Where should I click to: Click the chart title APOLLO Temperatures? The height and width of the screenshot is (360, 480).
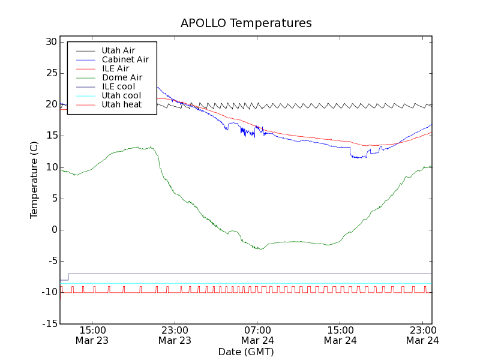[246, 23]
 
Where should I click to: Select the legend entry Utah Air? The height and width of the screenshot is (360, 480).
[118, 50]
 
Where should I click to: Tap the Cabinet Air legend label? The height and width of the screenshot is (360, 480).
[125, 59]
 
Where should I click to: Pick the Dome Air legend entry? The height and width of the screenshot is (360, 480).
[122, 77]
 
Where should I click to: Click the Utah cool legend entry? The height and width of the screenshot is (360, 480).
[121, 95]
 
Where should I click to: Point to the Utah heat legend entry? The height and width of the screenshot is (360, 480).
[121, 104]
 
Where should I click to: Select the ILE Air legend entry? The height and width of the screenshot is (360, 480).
[115, 68]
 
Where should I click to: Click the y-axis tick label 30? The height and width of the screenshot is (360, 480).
[50, 42]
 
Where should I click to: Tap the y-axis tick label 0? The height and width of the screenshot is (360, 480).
[53, 230]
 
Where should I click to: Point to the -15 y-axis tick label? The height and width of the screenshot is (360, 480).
[49, 323]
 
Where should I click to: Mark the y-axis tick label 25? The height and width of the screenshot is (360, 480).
[50, 73]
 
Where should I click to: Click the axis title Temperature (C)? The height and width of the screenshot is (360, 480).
[34, 182]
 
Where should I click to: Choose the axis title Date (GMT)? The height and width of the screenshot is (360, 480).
[246, 352]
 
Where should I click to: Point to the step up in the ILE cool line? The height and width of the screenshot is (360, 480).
[68, 277]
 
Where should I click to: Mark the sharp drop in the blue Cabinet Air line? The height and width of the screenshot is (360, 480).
[350, 152]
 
